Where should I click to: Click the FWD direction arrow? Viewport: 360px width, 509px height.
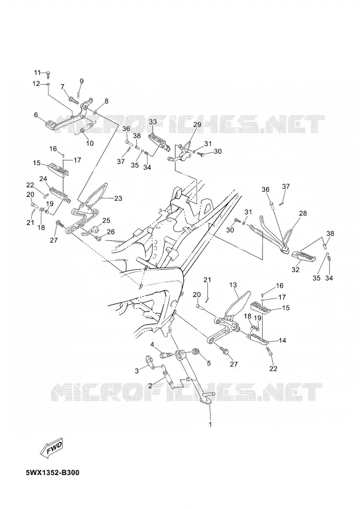click(52, 449)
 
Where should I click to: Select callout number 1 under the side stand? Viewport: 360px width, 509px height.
click(210, 424)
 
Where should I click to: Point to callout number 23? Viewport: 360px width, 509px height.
click(118, 198)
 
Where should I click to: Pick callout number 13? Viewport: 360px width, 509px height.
click(233, 285)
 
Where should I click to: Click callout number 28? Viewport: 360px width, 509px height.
click(303, 213)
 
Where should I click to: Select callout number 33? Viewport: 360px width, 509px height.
click(153, 122)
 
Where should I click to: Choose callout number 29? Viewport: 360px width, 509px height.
click(197, 124)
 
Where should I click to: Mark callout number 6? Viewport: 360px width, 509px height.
click(36, 115)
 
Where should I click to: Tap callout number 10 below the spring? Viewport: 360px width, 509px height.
click(89, 143)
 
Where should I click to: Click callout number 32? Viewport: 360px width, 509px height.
click(295, 269)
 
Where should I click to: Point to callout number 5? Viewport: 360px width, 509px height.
click(209, 363)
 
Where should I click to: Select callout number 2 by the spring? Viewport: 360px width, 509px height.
click(150, 386)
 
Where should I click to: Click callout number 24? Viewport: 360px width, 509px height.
click(43, 179)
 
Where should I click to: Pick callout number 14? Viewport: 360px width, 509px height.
click(282, 340)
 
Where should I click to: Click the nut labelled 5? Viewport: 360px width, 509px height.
click(196, 352)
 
